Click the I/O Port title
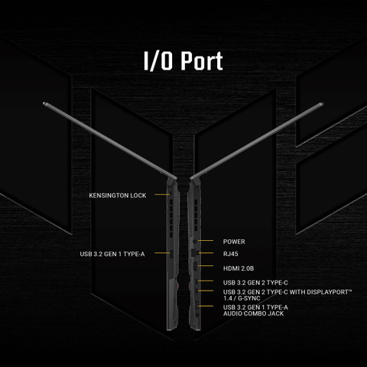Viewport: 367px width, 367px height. click(x=183, y=61)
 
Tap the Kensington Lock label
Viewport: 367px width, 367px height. click(x=118, y=196)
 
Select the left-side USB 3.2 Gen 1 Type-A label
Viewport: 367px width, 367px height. click(x=112, y=254)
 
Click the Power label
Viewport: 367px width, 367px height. click(x=234, y=242)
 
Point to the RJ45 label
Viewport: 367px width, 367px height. click(x=231, y=254)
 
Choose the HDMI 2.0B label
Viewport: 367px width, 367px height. click(x=239, y=268)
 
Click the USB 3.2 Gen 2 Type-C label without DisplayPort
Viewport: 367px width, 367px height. click(x=255, y=283)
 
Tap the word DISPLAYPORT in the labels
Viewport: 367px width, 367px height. click(x=329, y=292)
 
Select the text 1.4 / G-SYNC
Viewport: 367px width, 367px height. click(x=242, y=298)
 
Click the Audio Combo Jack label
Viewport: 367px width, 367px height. click(x=254, y=313)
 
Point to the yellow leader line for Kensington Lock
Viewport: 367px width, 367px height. click(x=162, y=195)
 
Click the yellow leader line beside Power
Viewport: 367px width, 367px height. click(x=206, y=240)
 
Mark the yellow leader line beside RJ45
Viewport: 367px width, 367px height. click(x=206, y=253)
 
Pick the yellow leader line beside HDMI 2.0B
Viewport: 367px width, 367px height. click(x=206, y=266)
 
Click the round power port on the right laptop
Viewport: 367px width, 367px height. click(x=195, y=241)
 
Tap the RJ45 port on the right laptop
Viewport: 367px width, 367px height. click(x=194, y=253)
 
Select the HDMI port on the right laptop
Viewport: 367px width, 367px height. click(x=195, y=266)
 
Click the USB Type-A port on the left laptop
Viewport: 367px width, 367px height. click(x=172, y=254)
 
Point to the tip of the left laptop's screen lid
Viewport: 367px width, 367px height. click(x=44, y=104)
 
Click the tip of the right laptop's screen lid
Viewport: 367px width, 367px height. click(x=322, y=104)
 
